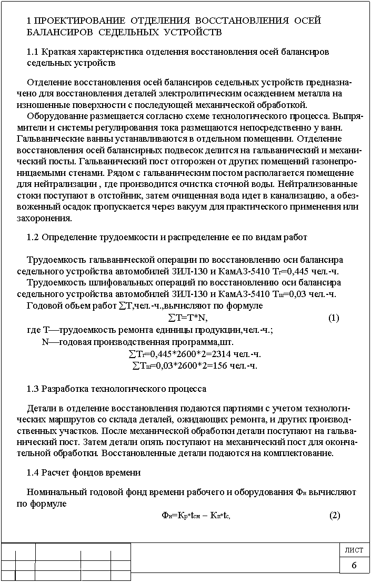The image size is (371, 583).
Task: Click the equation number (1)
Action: point(334,318)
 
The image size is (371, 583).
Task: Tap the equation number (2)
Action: point(335,515)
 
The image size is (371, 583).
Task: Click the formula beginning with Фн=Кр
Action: point(196,515)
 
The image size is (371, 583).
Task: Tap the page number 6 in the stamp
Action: point(354,565)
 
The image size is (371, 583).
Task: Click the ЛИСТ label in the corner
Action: point(354,550)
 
